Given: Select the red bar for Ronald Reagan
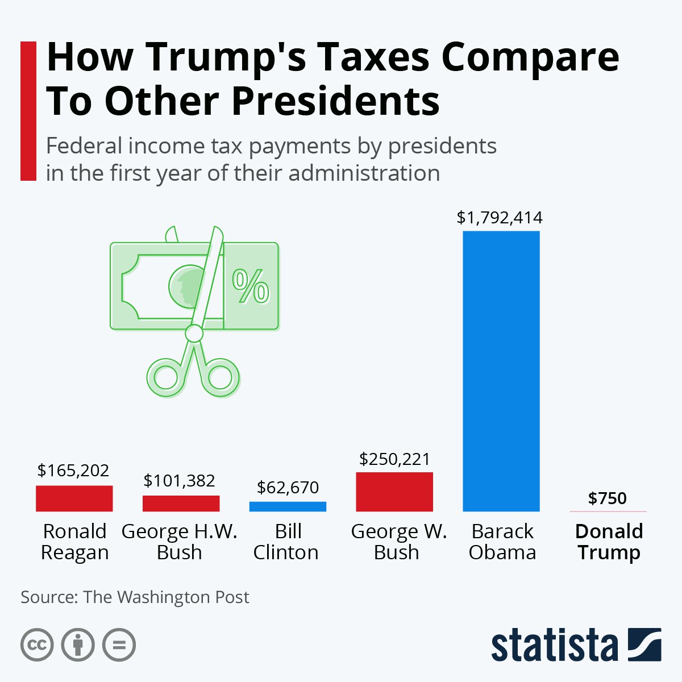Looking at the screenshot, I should [74, 498].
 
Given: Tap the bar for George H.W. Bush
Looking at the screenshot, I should [181, 504].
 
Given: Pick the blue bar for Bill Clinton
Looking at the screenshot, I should [288, 506].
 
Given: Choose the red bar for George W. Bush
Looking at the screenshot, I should [394, 492].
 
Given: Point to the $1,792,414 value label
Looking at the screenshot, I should [500, 218].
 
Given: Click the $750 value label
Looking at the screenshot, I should [608, 498].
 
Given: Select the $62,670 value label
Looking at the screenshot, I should [288, 487].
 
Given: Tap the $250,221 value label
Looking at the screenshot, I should [394, 459].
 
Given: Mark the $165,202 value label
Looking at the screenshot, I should [73, 470].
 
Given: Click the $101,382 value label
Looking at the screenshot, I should [179, 481].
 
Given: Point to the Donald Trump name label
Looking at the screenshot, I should [609, 542].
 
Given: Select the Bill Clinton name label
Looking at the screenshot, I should [286, 542].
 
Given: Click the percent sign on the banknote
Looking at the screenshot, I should [251, 286].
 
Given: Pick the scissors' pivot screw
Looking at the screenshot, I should [194, 334].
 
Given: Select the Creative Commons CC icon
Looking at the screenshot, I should [37, 644].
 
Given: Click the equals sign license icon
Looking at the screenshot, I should [119, 644].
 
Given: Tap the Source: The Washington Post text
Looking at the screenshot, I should [135, 597].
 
